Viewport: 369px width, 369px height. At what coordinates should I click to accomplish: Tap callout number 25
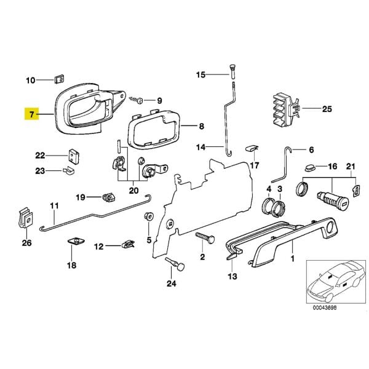click(326, 109)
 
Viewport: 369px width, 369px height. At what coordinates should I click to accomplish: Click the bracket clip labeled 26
click(26, 216)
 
